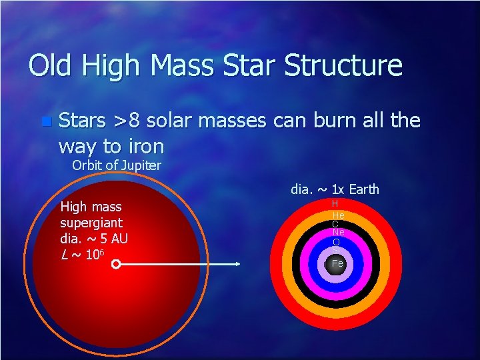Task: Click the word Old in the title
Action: tap(51, 66)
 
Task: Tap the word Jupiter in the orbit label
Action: tap(138, 165)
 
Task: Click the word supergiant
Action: tap(91, 222)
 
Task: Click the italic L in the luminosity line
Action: tap(63, 254)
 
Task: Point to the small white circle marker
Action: tap(115, 265)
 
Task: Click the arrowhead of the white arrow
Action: tap(237, 265)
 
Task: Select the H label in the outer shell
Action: tap(335, 203)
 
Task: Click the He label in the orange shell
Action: tap(337, 215)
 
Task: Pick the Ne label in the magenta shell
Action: tap(338, 232)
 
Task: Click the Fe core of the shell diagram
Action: tap(337, 263)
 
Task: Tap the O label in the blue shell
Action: tap(336, 241)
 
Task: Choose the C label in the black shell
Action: tap(335, 224)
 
